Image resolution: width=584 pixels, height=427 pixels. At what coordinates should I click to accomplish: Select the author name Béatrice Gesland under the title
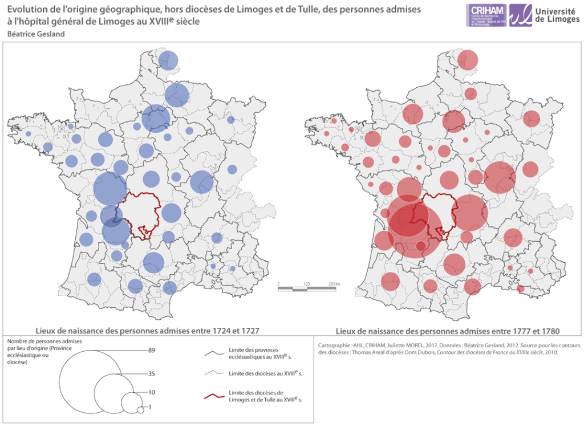tap(35, 34)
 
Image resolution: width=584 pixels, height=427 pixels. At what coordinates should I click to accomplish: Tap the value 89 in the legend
tap(151, 350)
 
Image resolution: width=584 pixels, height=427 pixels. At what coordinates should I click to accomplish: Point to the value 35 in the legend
tap(151, 374)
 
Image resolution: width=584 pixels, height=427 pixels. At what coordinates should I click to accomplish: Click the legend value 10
tap(151, 393)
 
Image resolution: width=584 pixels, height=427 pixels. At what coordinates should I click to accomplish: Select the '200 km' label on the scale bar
tap(334, 283)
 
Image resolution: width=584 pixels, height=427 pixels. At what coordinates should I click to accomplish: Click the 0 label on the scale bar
tap(278, 283)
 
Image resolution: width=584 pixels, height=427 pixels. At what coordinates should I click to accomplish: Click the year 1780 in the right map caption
tap(546, 331)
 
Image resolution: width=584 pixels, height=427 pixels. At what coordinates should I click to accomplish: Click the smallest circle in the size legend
tap(140, 410)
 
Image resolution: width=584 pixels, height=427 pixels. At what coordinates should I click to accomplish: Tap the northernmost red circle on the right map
tap(468, 59)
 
